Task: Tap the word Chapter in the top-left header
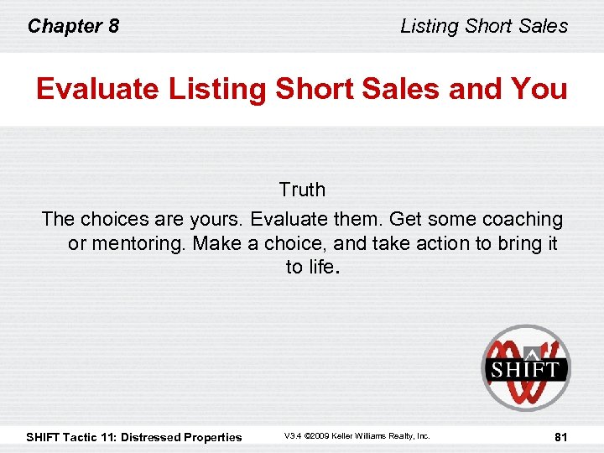tap(65, 26)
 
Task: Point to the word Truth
tap(302, 190)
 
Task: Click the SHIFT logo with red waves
tap(526, 367)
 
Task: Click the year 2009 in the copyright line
tap(320, 436)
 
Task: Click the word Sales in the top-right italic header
tap(544, 26)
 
